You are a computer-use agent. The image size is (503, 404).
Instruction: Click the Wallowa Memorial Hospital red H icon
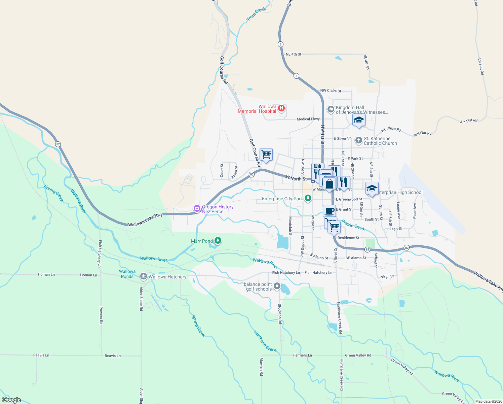coord(282,108)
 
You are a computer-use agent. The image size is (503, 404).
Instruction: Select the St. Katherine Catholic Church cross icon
coord(359,140)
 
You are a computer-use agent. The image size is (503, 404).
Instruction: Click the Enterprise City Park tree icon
coord(308,198)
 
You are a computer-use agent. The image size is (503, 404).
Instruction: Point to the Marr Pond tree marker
coord(218,240)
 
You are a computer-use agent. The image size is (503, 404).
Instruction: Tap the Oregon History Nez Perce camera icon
coord(197,209)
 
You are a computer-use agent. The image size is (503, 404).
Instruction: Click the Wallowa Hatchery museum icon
coord(144,276)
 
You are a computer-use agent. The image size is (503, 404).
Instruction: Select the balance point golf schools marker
coord(277,286)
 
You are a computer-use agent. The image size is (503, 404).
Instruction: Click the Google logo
coord(11,400)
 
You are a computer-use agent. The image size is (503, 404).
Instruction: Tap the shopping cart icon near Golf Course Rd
coord(266,155)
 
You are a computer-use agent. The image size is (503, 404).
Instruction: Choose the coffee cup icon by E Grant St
coord(329,211)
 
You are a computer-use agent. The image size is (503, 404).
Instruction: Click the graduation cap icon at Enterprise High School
coord(372,188)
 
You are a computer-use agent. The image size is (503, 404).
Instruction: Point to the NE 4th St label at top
coord(293,54)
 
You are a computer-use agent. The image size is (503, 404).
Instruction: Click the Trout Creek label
coord(256,14)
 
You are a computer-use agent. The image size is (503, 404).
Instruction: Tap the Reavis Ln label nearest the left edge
coord(41,355)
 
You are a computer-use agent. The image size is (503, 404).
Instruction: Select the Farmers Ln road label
coord(302,355)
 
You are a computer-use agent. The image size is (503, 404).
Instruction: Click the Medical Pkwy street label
coord(308,119)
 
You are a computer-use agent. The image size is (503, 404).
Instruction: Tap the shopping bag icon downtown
coord(330,184)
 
